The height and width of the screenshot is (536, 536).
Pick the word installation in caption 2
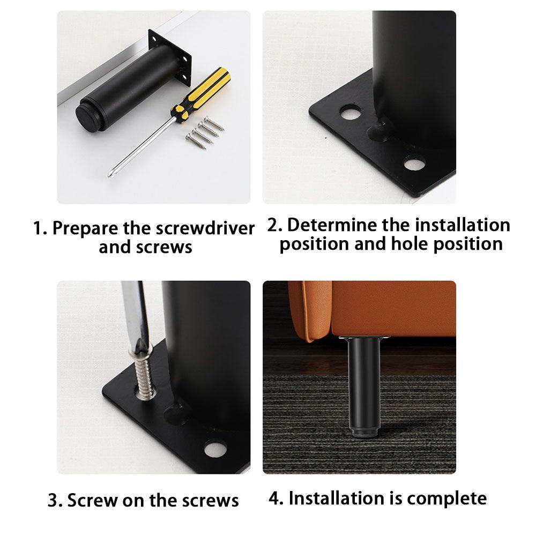pyautogui.click(x=463, y=225)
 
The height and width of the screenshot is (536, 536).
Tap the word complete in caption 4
pyautogui.click(x=446, y=498)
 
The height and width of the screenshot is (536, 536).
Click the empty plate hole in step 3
pyautogui.click(x=215, y=449)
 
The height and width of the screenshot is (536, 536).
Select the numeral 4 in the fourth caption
pyautogui.click(x=275, y=498)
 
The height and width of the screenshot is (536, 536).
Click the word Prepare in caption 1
pyautogui.click(x=85, y=229)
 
